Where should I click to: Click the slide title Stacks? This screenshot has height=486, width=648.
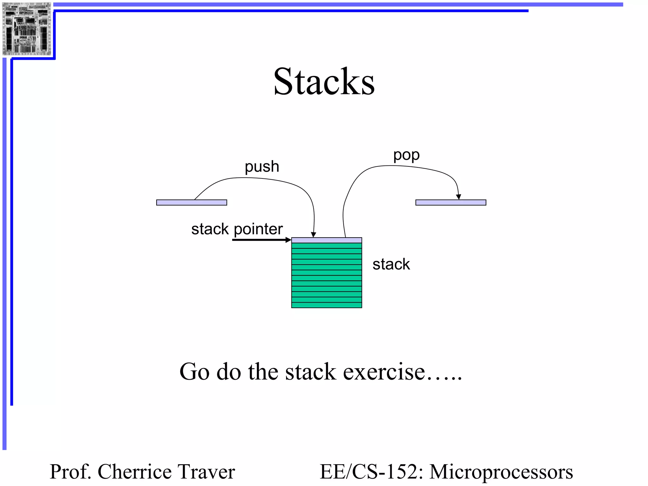[x=324, y=82]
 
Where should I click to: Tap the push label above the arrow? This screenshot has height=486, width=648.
[x=262, y=167]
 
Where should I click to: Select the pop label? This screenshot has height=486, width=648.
[x=406, y=155]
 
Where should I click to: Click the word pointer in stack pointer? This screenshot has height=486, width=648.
[x=258, y=229]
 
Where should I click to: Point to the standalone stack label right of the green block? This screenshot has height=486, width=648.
[x=391, y=264]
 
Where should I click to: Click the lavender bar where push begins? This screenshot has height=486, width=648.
[x=191, y=202]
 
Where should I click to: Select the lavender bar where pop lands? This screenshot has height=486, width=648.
[x=451, y=202]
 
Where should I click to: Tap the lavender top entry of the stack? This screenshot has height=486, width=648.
[x=327, y=240]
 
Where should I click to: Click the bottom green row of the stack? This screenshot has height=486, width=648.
[x=327, y=305]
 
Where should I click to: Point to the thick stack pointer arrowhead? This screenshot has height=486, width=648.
[x=288, y=240]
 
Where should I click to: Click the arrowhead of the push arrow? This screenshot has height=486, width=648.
[x=313, y=235]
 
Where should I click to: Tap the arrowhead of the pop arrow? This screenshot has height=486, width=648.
[x=458, y=197]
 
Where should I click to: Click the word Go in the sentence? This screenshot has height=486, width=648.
[x=194, y=371]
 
